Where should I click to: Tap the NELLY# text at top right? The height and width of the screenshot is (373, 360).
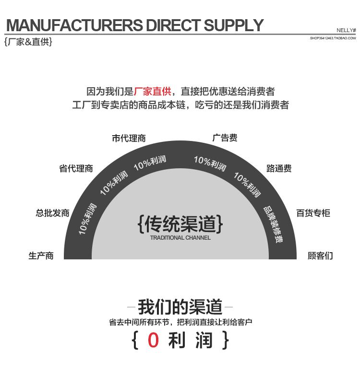click(346, 30)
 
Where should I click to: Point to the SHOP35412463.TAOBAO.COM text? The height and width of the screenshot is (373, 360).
click(333, 37)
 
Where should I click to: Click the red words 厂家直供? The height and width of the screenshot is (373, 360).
click(152, 91)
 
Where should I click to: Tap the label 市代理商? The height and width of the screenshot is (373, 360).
click(129, 139)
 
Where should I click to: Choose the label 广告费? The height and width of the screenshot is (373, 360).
click(225, 138)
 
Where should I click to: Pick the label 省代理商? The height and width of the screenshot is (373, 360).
click(76, 169)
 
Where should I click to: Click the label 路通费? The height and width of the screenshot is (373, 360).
click(279, 169)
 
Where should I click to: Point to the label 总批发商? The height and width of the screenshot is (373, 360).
click(53, 213)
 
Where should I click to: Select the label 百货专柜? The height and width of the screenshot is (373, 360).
click(313, 213)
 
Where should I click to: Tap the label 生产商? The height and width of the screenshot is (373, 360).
click(41, 256)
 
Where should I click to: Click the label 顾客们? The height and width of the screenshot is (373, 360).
click(320, 256)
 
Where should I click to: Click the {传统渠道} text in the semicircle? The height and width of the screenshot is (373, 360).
click(180, 223)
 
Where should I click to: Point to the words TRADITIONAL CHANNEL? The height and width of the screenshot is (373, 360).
click(180, 238)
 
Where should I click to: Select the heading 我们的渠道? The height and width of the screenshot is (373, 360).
click(180, 306)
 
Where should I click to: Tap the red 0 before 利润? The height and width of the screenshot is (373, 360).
click(153, 340)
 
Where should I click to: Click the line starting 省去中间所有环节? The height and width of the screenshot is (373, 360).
click(180, 323)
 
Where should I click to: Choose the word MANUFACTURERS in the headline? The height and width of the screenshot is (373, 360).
click(74, 25)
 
